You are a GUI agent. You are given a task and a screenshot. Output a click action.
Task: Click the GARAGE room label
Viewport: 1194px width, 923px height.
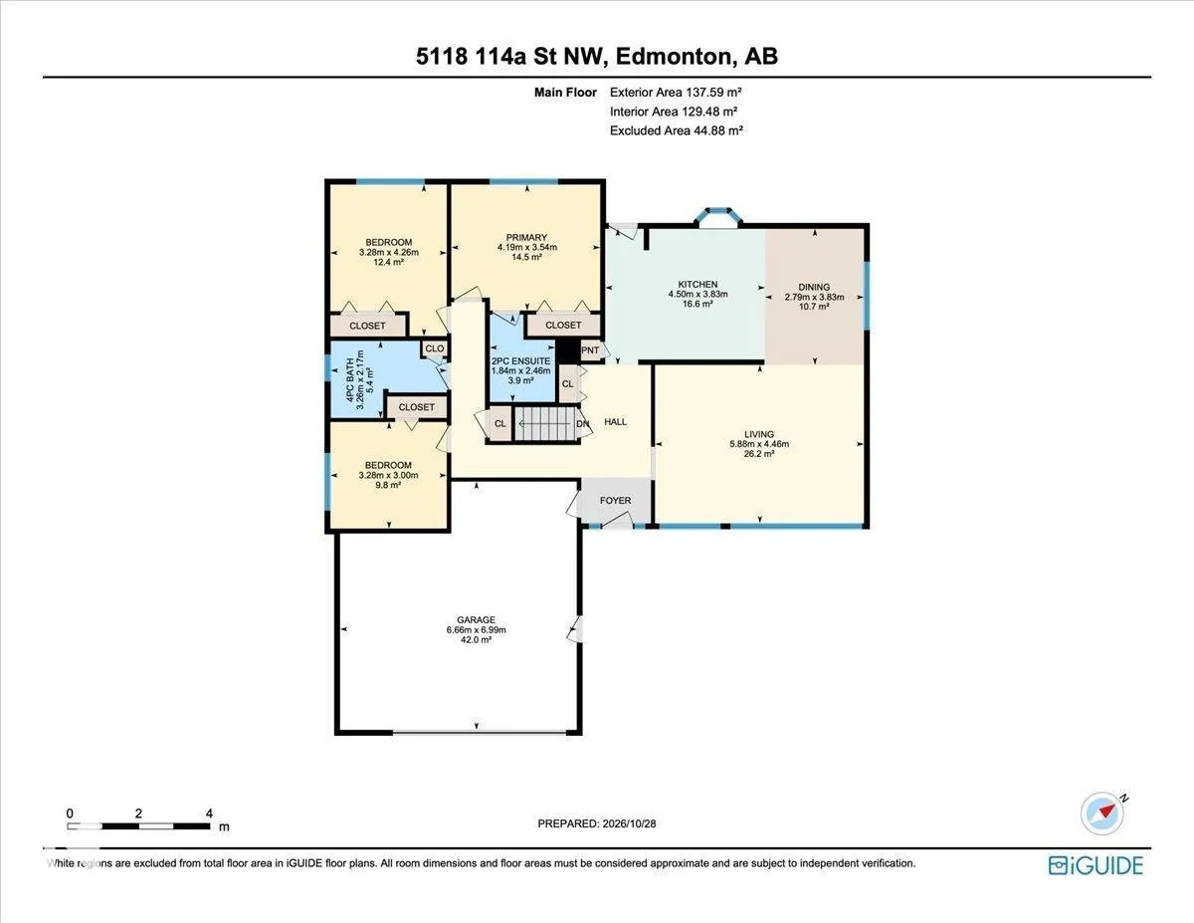476,619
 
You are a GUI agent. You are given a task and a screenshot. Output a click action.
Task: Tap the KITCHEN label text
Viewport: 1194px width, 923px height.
697,284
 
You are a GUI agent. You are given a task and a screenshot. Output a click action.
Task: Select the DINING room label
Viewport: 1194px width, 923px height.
814,287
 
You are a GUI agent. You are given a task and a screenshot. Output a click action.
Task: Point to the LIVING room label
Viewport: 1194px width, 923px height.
759,434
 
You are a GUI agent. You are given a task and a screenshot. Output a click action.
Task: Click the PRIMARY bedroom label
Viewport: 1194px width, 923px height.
526,238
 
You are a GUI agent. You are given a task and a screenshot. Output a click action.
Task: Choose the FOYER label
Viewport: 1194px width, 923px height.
615,501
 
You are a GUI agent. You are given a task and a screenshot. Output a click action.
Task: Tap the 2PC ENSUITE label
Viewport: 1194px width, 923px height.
521,361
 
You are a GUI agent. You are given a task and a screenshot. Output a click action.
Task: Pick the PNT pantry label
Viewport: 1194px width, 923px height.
590,350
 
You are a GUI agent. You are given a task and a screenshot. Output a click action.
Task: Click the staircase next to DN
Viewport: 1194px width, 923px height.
545,424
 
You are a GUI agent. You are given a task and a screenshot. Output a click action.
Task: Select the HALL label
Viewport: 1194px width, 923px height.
615,421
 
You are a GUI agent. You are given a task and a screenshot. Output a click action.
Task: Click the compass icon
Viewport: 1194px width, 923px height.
1102,814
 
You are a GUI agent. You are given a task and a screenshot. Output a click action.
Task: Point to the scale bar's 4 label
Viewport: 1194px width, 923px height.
209,813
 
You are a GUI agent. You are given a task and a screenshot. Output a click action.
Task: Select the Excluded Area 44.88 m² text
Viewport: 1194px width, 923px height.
677,130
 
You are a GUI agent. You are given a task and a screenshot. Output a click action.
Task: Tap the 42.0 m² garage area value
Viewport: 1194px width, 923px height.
476,640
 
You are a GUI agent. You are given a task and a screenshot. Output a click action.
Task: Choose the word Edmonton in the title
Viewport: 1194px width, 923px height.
674,57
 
